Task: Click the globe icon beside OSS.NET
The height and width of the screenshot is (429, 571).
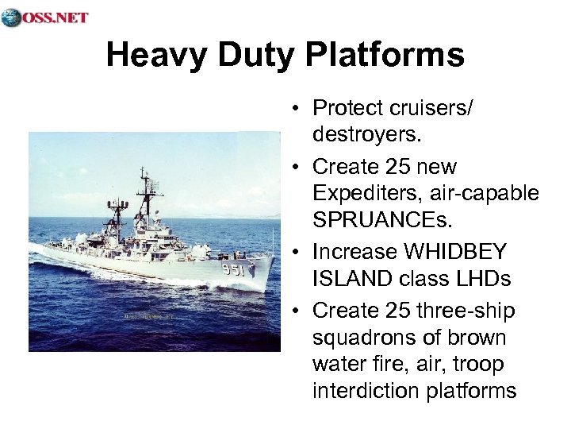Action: [x=11, y=17]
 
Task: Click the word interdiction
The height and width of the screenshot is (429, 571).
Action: [x=360, y=391]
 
